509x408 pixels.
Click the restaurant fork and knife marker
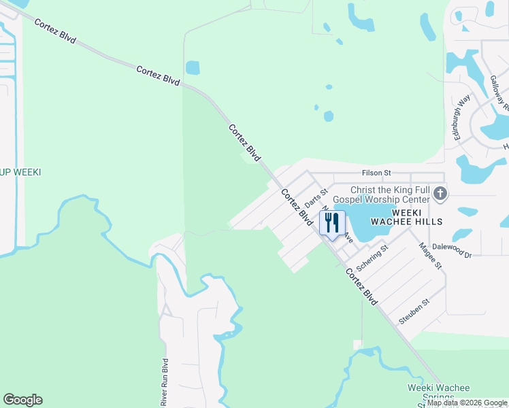(332, 223)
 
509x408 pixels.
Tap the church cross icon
(440, 194)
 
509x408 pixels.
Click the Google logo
(22, 400)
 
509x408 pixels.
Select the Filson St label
(377, 173)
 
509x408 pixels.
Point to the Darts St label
(316, 199)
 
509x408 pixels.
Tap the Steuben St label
(415, 311)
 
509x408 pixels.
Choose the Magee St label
(431, 256)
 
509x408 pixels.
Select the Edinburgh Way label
(459, 116)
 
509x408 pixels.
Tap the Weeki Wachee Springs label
(438, 392)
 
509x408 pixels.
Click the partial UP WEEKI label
(20, 172)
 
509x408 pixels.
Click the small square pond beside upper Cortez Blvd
(193, 68)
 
